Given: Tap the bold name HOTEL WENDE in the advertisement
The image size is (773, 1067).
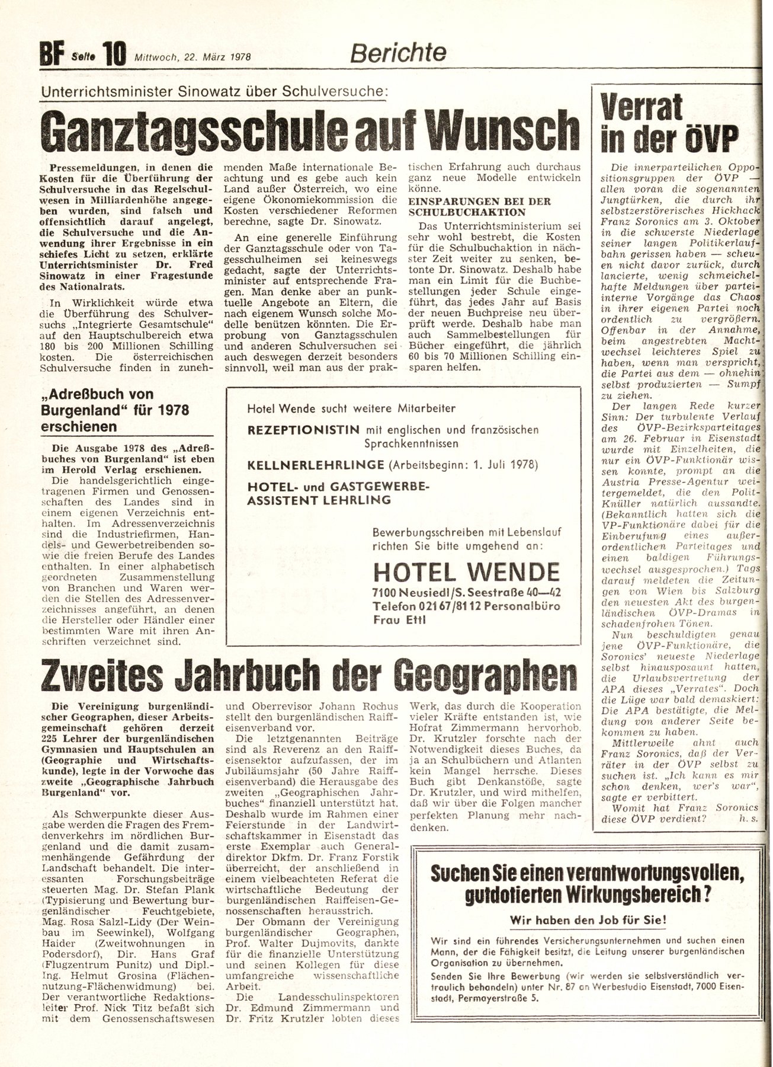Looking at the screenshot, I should tap(466, 572).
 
